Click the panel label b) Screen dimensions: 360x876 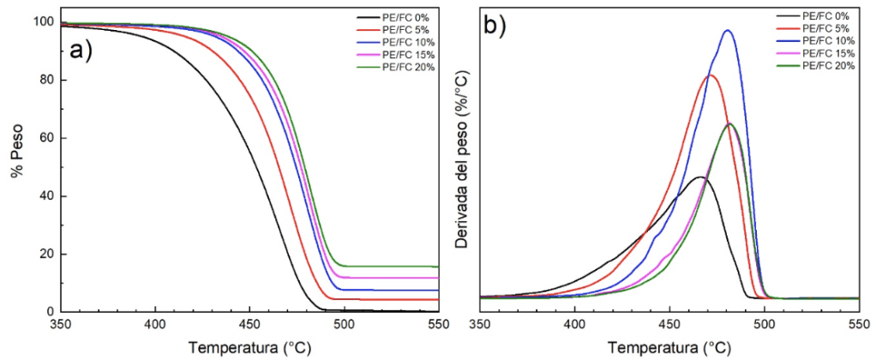pos(495,27)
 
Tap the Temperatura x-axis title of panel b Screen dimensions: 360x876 pos(669,348)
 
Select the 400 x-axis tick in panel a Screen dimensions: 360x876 pos(155,325)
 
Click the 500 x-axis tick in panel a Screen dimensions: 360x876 pos(344,325)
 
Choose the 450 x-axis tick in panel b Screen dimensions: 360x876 pos(669,325)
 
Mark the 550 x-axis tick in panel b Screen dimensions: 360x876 pos(858,325)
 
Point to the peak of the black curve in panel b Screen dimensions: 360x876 pos(700,177)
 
